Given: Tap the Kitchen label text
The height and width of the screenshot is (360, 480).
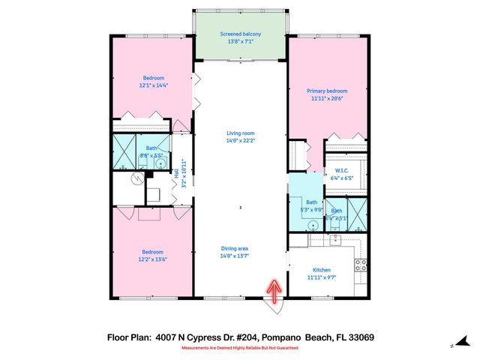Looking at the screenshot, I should pyautogui.click(x=322, y=270).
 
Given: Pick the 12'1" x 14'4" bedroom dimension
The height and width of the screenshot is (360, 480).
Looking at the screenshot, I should pyautogui.click(x=154, y=86).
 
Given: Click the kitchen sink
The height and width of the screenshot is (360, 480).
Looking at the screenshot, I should pyautogui.click(x=336, y=241).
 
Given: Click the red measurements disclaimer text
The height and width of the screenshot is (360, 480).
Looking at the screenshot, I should pyautogui.click(x=239, y=349).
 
